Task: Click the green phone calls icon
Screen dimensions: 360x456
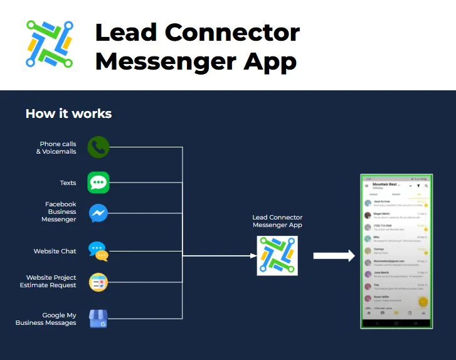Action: click(98, 147)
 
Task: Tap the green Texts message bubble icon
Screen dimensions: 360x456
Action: click(98, 183)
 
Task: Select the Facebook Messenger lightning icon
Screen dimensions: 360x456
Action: click(98, 213)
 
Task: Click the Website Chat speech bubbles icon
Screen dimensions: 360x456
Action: click(98, 251)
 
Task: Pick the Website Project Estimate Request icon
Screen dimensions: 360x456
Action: click(98, 282)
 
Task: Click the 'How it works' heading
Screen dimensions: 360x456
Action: click(68, 114)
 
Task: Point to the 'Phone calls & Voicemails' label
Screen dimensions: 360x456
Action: click(56, 147)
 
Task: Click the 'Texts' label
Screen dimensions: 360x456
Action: click(68, 183)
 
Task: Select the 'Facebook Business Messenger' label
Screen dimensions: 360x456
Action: click(59, 212)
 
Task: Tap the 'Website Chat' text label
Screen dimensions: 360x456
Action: click(55, 251)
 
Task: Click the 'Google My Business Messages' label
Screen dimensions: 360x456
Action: click(46, 319)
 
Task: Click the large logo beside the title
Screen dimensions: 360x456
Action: click(50, 45)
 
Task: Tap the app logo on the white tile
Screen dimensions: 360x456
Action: click(277, 255)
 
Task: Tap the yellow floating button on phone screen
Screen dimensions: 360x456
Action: click(423, 301)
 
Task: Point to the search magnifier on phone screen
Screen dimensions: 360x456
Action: click(427, 186)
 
